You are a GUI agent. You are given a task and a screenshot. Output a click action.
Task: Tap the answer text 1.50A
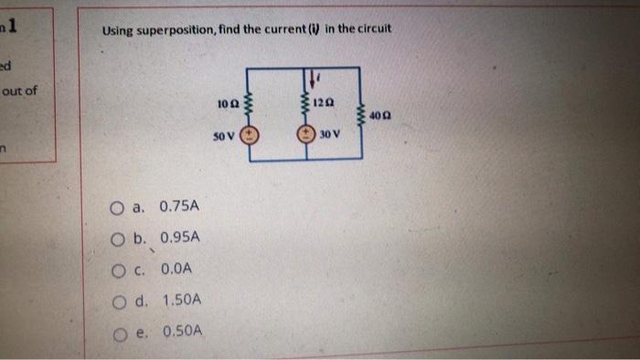(182, 300)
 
